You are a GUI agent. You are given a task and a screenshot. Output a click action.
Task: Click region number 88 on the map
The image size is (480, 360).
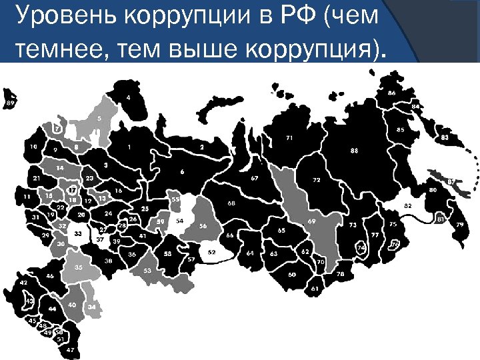click(354, 151)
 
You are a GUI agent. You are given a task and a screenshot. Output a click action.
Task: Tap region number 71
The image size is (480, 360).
click(289, 137)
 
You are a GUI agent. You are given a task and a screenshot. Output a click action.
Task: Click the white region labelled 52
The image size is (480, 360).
click(212, 253)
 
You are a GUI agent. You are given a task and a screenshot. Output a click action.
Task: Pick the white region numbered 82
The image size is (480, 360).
click(407, 207)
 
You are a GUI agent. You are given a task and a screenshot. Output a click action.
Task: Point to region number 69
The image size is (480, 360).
click(311, 221)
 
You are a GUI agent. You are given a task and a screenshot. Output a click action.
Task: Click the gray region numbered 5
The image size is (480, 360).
click(99, 118)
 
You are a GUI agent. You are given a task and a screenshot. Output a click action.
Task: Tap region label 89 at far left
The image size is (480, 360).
click(10, 103)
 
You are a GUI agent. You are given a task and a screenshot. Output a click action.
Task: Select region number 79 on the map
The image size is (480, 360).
click(459, 225)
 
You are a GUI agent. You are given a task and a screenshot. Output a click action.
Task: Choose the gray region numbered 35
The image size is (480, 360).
click(78, 267)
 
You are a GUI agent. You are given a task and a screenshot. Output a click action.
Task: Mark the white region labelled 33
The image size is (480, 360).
click(78, 234)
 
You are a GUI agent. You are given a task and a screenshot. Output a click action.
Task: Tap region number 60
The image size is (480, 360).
click(292, 274)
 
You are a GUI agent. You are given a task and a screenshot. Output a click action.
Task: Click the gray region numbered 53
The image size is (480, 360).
click(147, 270)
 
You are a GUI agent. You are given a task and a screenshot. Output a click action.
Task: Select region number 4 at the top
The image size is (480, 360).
click(128, 97)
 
